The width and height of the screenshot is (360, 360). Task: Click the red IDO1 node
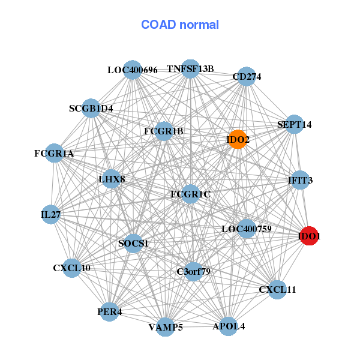click(308, 236)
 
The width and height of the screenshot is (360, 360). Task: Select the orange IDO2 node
click(238, 139)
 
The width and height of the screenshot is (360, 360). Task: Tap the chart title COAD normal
click(180, 25)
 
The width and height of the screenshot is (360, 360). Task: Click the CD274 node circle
click(246, 76)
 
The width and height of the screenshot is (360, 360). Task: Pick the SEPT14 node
click(294, 124)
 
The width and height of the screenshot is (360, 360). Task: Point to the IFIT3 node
click(300, 179)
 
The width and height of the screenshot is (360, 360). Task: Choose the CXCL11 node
click(277, 290)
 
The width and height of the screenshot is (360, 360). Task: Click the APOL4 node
click(229, 326)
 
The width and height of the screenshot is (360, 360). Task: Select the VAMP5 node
click(166, 327)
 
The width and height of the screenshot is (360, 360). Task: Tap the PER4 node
click(109, 312)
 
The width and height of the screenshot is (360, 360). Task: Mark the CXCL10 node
click(71, 268)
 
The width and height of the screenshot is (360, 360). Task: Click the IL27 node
click(50, 214)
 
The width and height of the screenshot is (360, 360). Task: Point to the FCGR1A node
click(54, 154)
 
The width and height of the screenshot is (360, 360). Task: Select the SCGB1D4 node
click(91, 108)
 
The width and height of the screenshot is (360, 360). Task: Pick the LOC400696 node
click(133, 70)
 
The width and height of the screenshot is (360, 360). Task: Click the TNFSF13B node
click(190, 68)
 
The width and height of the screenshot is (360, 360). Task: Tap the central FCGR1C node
click(190, 194)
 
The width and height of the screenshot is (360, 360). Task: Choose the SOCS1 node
click(133, 243)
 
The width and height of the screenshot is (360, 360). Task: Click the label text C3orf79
click(193, 272)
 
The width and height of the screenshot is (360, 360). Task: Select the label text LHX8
click(112, 179)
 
